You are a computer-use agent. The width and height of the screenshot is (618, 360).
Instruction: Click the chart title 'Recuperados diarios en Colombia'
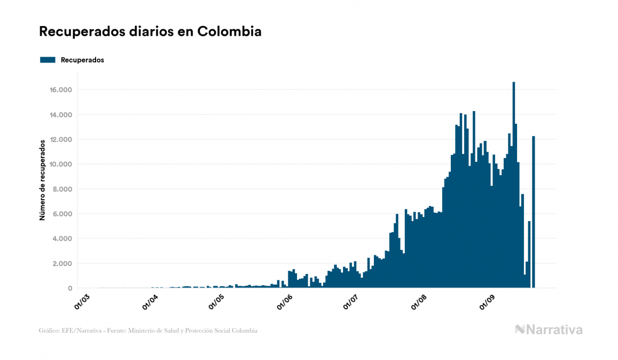click(x=150, y=32)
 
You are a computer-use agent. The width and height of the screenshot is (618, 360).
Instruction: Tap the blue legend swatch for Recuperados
click(x=48, y=60)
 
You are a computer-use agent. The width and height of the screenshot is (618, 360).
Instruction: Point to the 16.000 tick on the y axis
click(x=61, y=90)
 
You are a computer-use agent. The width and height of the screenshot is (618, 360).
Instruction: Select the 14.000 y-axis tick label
click(x=61, y=115)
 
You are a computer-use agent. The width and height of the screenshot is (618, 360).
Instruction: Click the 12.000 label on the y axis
click(x=61, y=139)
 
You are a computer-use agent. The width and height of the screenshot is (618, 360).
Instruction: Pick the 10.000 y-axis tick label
click(x=61, y=164)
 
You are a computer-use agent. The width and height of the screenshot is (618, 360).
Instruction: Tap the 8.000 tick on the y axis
click(x=62, y=189)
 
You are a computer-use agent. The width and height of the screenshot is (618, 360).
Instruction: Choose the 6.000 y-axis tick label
click(x=62, y=214)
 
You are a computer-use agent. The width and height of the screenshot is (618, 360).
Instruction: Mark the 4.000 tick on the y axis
click(x=62, y=239)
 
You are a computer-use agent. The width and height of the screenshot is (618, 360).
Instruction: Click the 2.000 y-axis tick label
click(x=62, y=263)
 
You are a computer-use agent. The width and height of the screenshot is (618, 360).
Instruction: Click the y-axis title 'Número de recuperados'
click(x=42, y=181)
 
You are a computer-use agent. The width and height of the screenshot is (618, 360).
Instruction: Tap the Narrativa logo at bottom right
click(x=549, y=330)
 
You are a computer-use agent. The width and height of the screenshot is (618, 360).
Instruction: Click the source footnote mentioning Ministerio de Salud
click(x=148, y=331)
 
